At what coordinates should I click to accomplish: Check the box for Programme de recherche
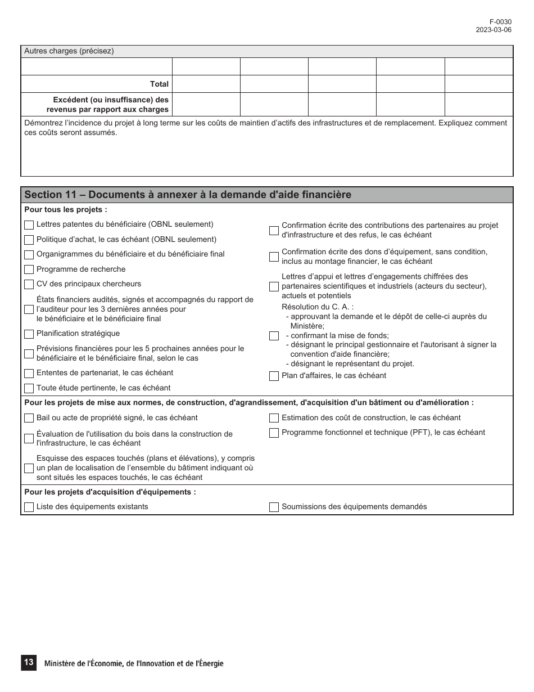(x=29, y=269)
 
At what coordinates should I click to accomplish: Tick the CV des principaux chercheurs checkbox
(x=29, y=285)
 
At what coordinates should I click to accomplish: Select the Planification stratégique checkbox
(x=29, y=334)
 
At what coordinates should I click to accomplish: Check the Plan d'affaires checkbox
(x=274, y=376)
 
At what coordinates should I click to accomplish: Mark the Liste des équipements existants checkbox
(x=29, y=507)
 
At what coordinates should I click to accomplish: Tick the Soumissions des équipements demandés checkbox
(x=274, y=507)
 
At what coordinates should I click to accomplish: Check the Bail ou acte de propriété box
(x=29, y=419)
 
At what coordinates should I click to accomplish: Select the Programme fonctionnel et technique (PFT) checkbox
(x=274, y=433)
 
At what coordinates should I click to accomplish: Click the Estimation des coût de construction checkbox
(x=274, y=419)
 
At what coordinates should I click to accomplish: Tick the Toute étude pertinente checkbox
(x=29, y=388)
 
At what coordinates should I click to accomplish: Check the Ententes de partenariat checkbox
(x=29, y=374)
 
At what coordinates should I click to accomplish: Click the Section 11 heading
(x=188, y=195)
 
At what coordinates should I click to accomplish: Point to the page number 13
(x=28, y=663)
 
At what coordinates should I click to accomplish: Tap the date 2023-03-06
(x=494, y=30)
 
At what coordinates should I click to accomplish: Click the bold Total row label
(x=159, y=84)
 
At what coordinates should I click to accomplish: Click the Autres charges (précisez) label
(x=69, y=51)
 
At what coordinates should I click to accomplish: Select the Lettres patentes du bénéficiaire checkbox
(x=29, y=225)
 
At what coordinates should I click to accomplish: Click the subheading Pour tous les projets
(x=66, y=210)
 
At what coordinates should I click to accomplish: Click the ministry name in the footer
(x=134, y=664)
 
